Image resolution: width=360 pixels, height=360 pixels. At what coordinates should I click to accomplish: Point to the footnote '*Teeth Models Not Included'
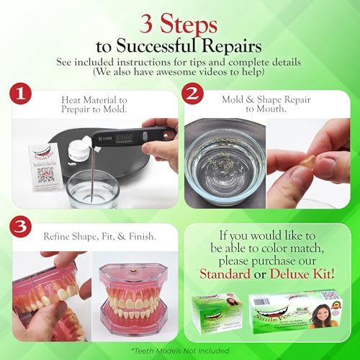tap(180, 351)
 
